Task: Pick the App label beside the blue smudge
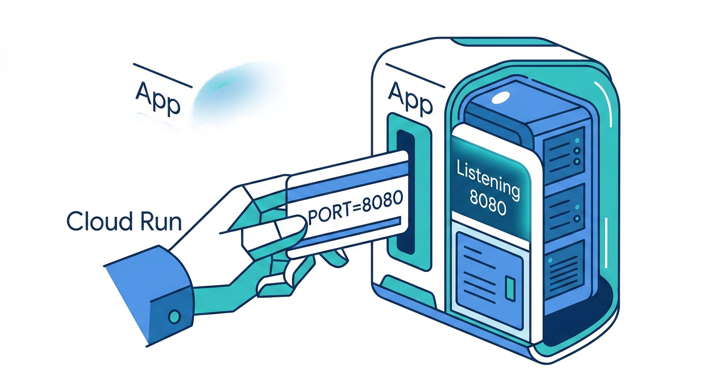coord(157,98)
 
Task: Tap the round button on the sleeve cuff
coord(174,317)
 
